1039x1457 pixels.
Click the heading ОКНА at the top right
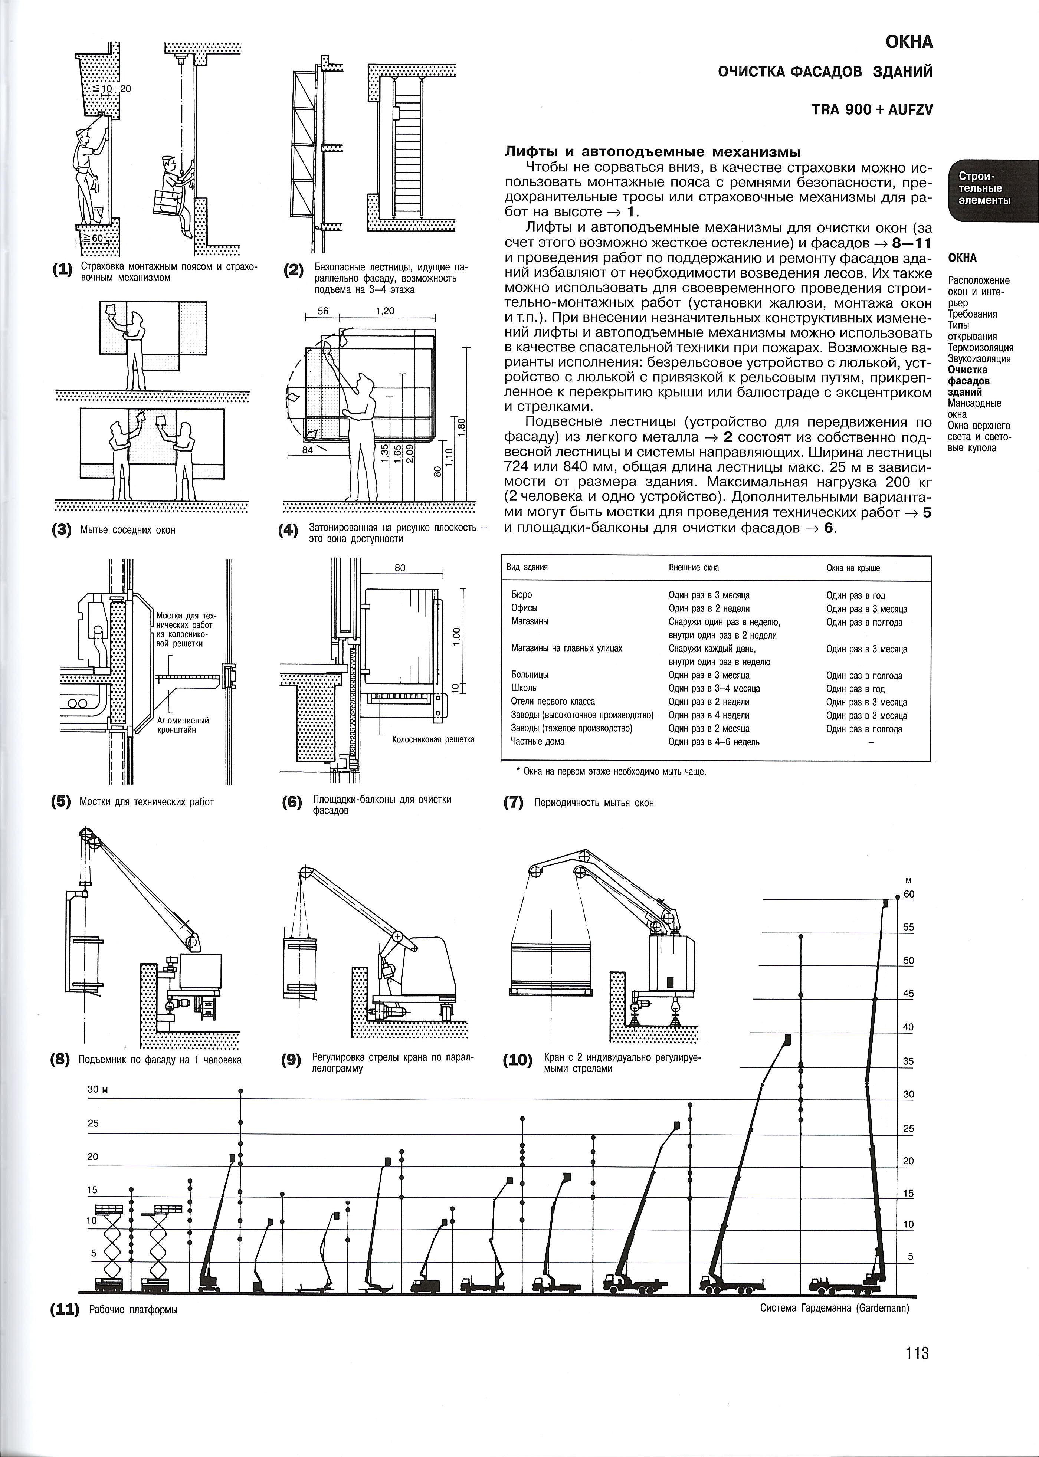[909, 42]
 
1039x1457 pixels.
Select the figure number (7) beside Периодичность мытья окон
[514, 803]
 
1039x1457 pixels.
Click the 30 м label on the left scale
[96, 1089]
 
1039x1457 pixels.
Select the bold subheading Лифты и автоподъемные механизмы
[653, 152]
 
